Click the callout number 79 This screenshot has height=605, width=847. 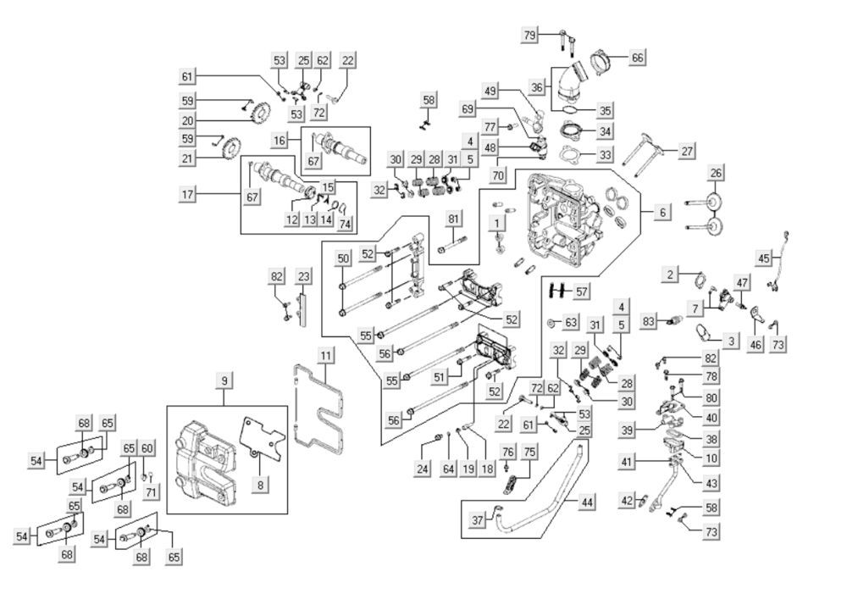click(530, 35)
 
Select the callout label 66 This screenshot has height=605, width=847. click(638, 58)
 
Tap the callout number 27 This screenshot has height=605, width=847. click(687, 150)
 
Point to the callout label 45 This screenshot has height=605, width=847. click(764, 258)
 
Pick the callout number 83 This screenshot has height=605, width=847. click(650, 321)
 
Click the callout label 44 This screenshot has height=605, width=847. click(587, 502)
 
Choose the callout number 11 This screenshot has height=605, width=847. click(324, 357)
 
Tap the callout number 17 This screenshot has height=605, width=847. click(187, 194)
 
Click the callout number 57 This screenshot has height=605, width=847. click(581, 291)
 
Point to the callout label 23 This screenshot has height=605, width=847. click(303, 276)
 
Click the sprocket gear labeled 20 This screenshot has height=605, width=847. click(260, 111)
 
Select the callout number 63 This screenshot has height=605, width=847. click(572, 322)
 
